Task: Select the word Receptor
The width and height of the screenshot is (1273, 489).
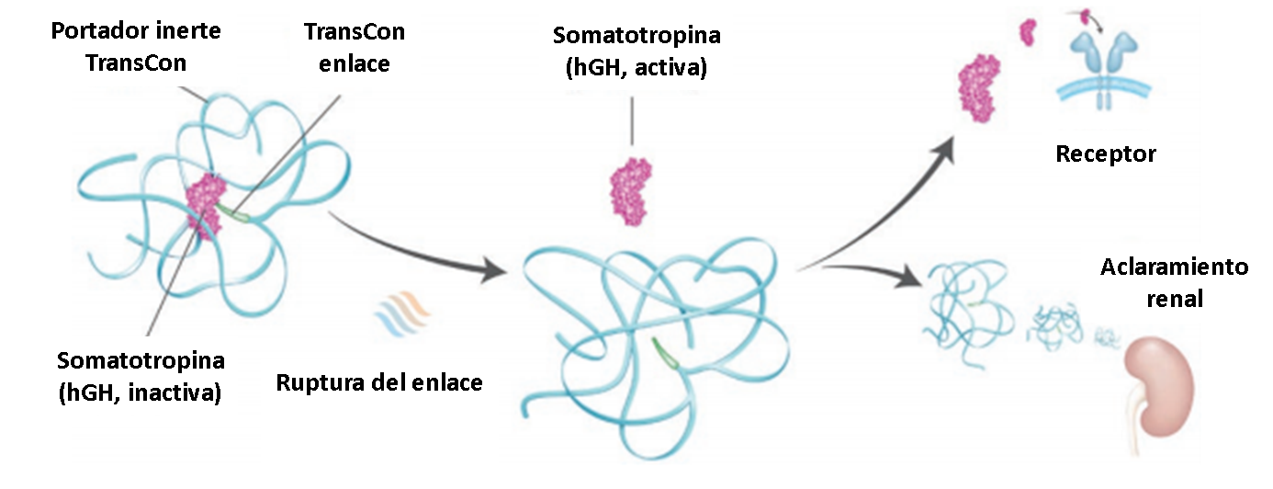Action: click(1105, 153)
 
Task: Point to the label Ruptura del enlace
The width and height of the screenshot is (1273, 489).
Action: click(379, 381)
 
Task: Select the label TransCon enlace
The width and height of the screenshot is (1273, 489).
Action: click(355, 48)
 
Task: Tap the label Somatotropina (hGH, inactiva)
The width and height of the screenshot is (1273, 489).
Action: click(140, 376)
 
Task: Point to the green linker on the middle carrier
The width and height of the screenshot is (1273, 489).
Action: click(666, 353)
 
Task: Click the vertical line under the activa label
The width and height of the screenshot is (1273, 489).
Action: click(631, 119)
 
